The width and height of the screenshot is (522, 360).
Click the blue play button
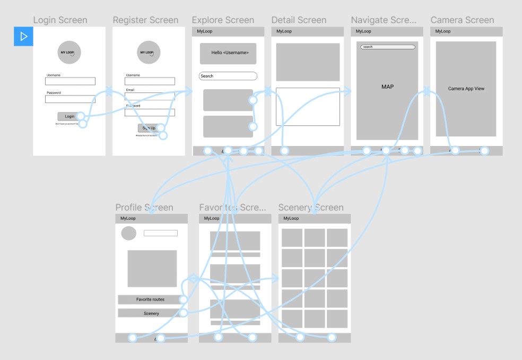[x=23, y=36]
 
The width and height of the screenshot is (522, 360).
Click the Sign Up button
[x=148, y=128]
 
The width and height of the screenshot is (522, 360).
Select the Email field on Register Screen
[x=150, y=96]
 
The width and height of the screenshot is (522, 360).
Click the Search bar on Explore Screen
[x=228, y=76]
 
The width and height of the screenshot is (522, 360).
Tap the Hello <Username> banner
[x=228, y=53]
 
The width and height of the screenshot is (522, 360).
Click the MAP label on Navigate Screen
[x=388, y=87]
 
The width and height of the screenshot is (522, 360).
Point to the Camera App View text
[x=466, y=89]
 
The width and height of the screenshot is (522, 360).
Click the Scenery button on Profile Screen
[x=151, y=313]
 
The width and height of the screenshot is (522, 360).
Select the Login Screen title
[x=60, y=20]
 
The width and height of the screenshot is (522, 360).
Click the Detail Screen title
[x=299, y=20]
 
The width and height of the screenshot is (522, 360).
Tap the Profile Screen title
[x=144, y=208]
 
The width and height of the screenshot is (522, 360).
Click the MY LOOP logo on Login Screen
[x=69, y=53]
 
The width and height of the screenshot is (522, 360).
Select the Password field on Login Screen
[x=70, y=99]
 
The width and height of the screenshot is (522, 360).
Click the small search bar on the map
[x=388, y=47]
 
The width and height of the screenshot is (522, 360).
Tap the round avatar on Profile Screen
[x=128, y=233]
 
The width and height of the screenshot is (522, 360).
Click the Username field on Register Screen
[x=150, y=81]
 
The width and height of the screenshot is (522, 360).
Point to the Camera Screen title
[x=462, y=20]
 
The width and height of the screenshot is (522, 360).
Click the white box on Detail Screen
[x=308, y=107]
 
